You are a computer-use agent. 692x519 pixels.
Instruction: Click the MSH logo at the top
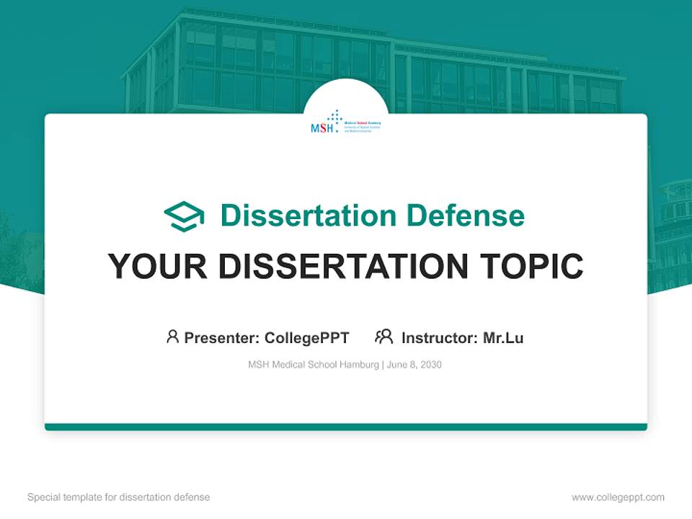click(x=345, y=124)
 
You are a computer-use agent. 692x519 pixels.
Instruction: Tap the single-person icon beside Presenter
click(x=172, y=337)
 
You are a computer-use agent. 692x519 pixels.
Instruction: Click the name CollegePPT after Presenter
click(x=307, y=338)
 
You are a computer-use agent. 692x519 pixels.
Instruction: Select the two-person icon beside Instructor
click(x=383, y=337)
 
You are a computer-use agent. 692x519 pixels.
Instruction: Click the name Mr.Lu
click(x=503, y=338)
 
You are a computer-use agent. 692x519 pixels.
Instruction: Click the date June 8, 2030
click(x=414, y=365)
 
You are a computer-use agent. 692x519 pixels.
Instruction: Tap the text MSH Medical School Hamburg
click(x=313, y=365)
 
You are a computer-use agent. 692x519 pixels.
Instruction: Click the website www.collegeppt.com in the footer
click(x=618, y=497)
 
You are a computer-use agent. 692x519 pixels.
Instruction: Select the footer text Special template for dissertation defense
click(x=119, y=497)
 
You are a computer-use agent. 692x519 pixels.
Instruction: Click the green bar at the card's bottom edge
click(x=346, y=427)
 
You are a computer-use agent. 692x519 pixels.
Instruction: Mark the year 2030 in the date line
click(x=430, y=365)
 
